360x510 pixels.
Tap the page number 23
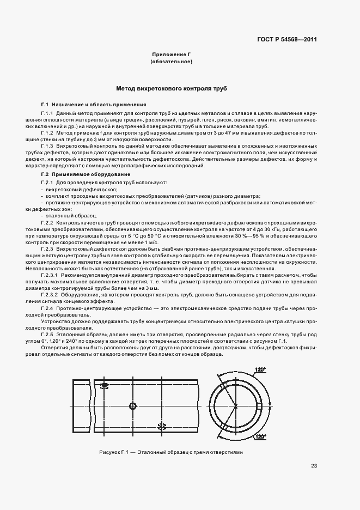tap(314, 465)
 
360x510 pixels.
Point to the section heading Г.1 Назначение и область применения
tap(94, 104)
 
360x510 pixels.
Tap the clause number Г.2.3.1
tap(51, 275)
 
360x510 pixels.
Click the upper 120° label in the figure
tap(260, 370)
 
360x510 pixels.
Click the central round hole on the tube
tap(132, 406)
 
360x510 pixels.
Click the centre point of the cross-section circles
tap(236, 406)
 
